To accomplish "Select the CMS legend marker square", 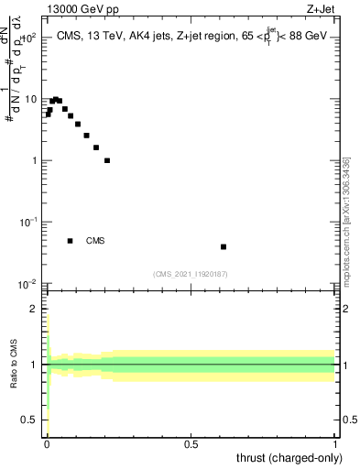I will (70, 241).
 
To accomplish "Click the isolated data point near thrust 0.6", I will (224, 246).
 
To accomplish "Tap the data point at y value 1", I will (107, 160).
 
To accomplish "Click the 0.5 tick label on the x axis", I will (191, 443).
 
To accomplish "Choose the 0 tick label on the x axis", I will (47, 443).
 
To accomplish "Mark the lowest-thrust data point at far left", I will (49, 115).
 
